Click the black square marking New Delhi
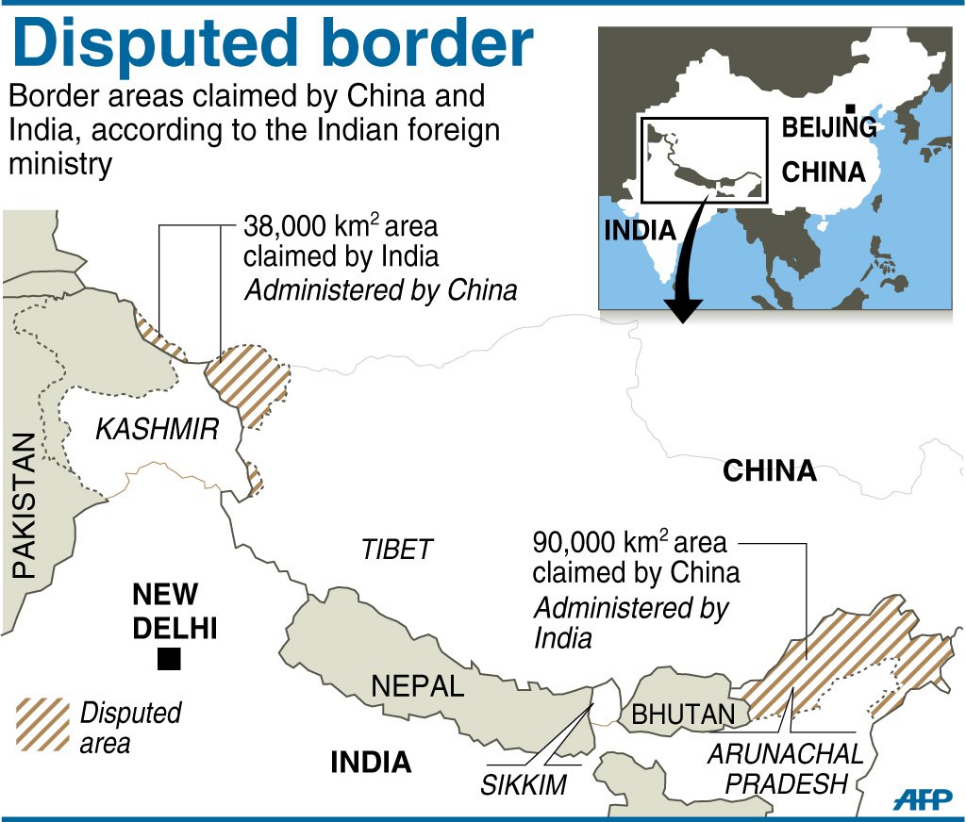tap(169, 660)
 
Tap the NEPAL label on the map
tap(417, 685)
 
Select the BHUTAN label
tap(683, 714)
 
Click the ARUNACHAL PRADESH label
tap(786, 768)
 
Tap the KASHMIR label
tap(157, 430)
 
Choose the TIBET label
tap(397, 549)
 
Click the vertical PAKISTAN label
tap(24, 504)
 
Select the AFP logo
tap(923, 797)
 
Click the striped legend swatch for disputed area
tap(42, 724)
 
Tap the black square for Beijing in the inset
tap(851, 110)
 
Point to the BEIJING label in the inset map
tap(828, 128)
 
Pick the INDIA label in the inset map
tap(640, 229)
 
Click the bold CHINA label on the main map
tap(769, 470)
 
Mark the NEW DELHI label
tap(174, 611)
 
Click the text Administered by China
tap(380, 289)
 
